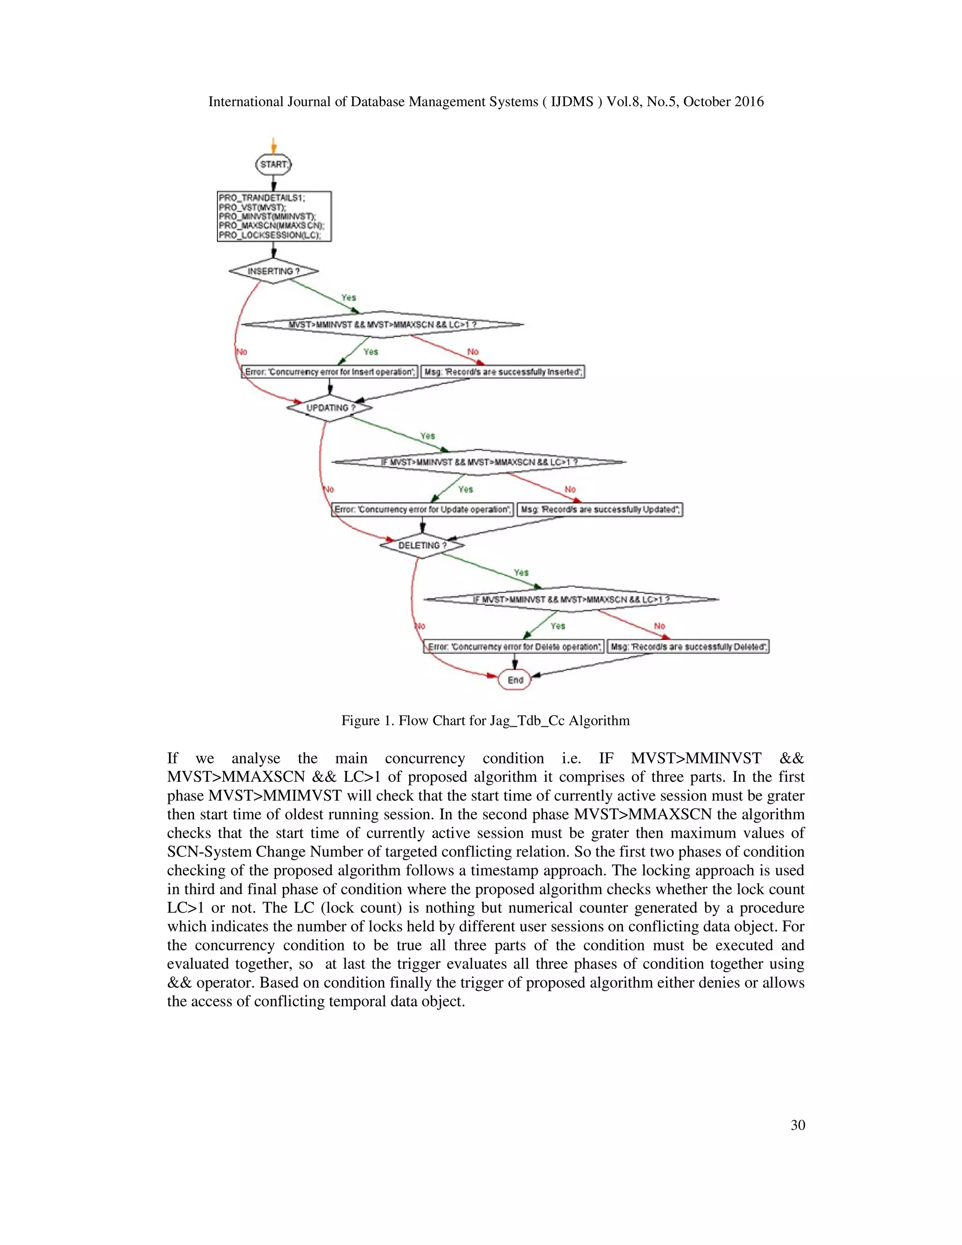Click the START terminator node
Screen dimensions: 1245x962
pyautogui.click(x=273, y=165)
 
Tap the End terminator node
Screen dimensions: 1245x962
pyautogui.click(x=515, y=680)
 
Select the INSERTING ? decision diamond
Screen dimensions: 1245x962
pyautogui.click(x=273, y=272)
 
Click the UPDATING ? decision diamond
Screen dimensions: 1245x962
pyautogui.click(x=330, y=408)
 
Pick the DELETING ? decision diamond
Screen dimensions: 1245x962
pyautogui.click(x=422, y=545)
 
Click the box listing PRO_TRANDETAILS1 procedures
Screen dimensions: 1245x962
pyautogui.click(x=274, y=216)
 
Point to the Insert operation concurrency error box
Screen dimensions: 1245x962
pyautogui.click(x=329, y=372)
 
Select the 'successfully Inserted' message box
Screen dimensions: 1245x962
pyautogui.click(x=503, y=372)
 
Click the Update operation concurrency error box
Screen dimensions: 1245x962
pyautogui.click(x=422, y=510)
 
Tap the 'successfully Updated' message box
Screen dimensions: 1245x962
pyautogui.click(x=599, y=510)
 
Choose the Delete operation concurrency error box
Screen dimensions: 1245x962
pyautogui.click(x=513, y=647)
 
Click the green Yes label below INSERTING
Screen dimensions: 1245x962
pyautogui.click(x=348, y=297)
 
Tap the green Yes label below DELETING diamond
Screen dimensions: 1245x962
pyautogui.click(x=521, y=572)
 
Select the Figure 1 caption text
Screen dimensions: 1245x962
pyautogui.click(x=486, y=721)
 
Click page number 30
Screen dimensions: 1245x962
pyautogui.click(x=797, y=1125)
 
